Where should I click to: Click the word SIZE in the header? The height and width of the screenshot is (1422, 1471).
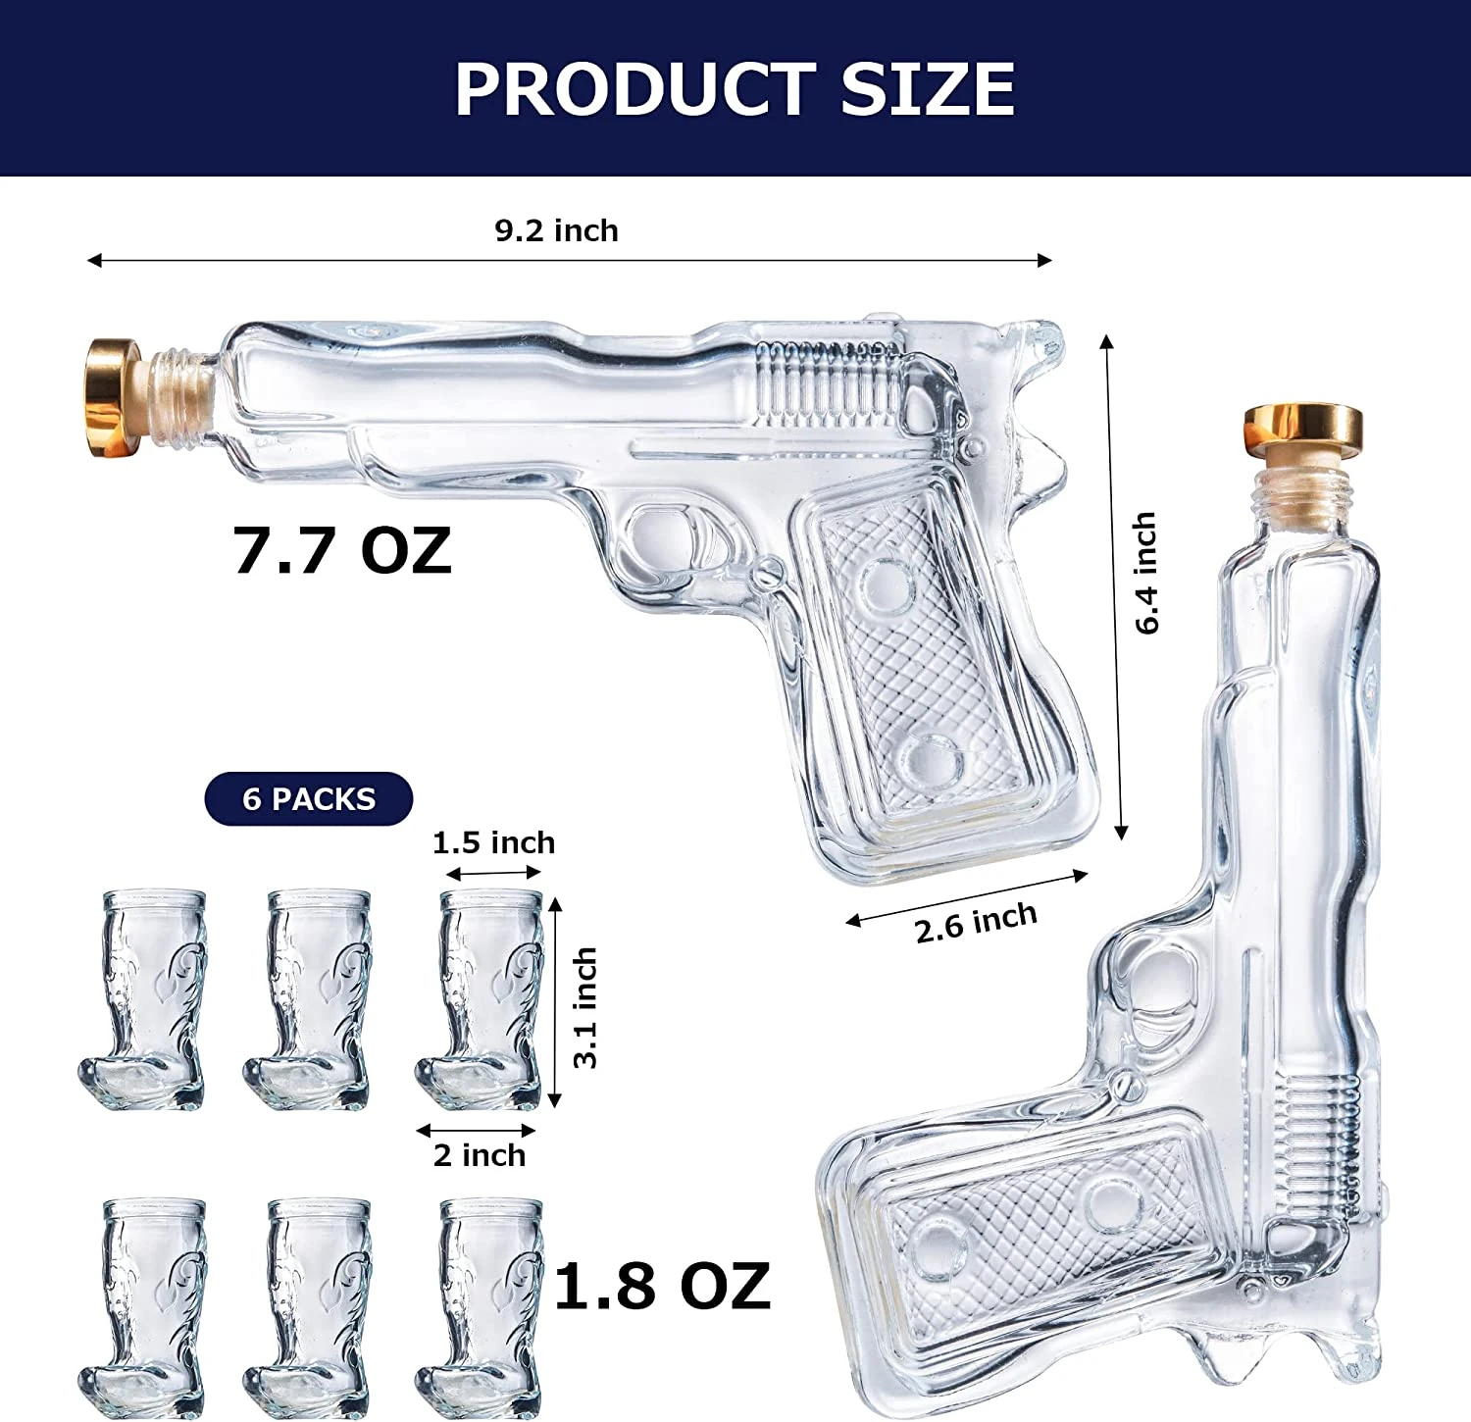[927, 89]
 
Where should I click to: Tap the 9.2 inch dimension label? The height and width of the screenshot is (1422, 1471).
[556, 230]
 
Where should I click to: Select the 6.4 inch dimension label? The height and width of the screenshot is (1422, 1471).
[1145, 573]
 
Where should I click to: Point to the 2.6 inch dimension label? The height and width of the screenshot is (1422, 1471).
[976, 922]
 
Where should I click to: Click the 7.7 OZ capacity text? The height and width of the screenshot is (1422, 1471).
[342, 550]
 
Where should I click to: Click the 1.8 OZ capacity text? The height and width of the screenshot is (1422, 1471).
[662, 1286]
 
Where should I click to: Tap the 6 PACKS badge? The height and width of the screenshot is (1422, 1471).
[309, 799]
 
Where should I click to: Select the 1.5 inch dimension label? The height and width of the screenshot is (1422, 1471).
[493, 842]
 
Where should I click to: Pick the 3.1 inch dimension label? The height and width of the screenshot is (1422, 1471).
[585, 1007]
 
